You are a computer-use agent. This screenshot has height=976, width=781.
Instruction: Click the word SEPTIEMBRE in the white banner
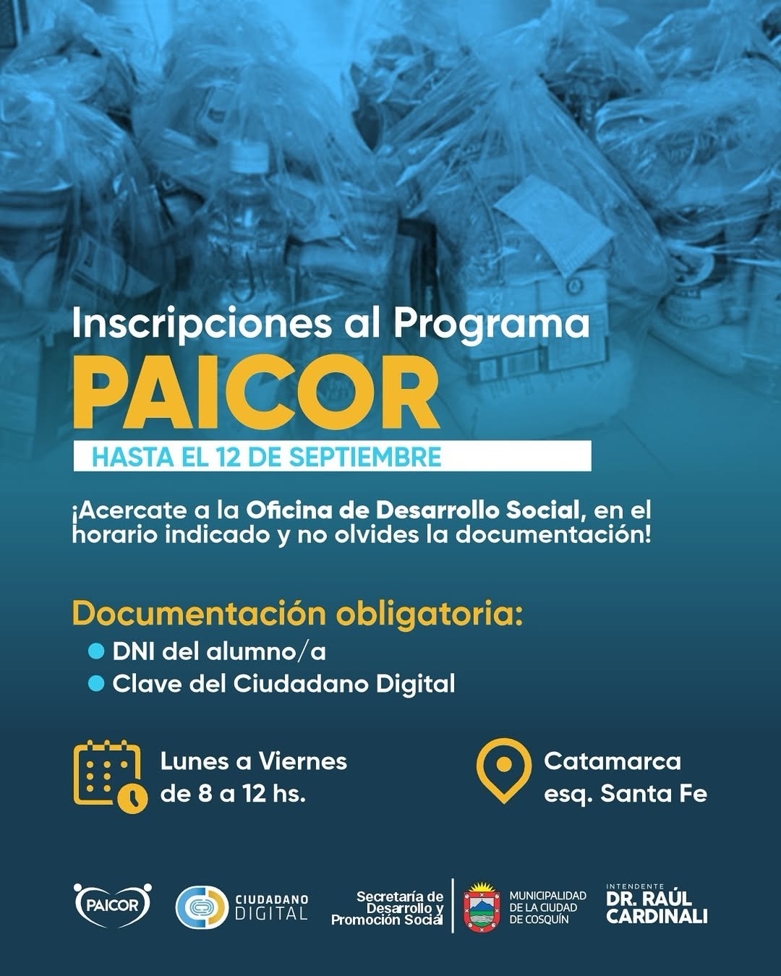point(365,457)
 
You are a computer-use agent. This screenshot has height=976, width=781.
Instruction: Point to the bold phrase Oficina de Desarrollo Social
point(413,510)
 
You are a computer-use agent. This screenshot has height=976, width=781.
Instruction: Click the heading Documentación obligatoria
point(298,615)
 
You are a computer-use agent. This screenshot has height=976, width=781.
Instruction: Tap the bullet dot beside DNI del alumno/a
point(96,652)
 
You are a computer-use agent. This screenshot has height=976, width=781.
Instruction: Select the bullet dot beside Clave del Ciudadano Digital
point(96,684)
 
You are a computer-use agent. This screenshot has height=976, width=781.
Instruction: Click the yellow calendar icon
point(110,776)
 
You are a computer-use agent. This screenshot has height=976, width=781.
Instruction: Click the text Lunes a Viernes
point(254,761)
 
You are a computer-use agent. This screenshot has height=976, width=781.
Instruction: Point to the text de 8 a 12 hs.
point(233,794)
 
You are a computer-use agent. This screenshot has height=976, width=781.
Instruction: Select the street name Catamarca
point(613,761)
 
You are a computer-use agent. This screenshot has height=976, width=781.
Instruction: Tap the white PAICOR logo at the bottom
point(113,906)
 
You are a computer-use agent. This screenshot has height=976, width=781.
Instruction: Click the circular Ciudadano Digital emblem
point(202,907)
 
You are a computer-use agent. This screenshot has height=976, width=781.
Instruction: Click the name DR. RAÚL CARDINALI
point(657,907)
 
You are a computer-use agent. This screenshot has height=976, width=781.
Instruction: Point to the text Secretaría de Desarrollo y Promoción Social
point(387,908)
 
